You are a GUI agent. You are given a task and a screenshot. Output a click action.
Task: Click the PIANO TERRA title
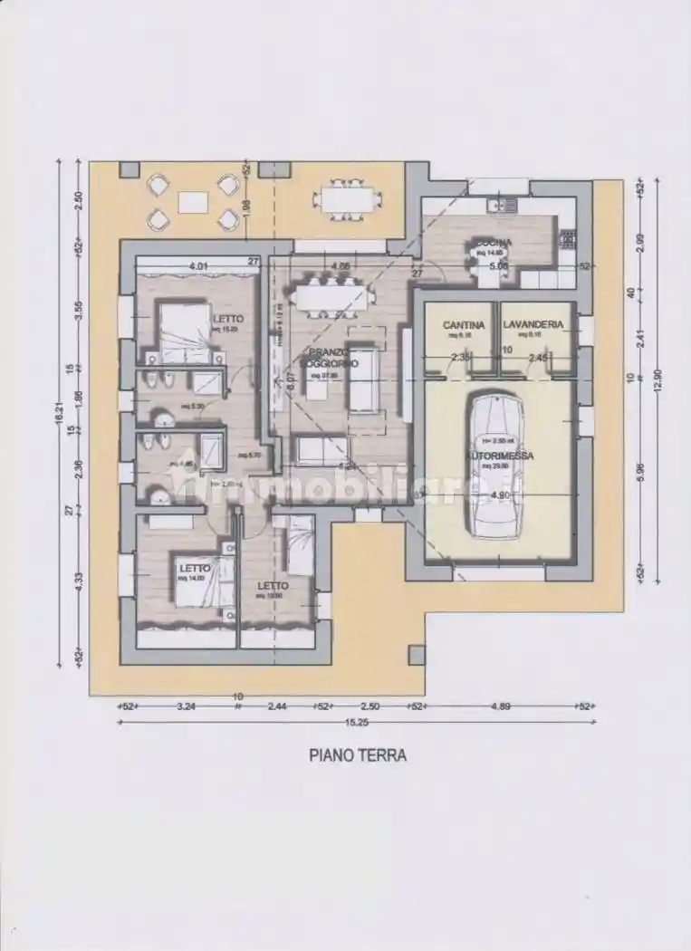coord(358,754)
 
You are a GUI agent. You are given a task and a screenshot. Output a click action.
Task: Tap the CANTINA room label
coord(463,324)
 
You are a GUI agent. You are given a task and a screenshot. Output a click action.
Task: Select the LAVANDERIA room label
coord(533,324)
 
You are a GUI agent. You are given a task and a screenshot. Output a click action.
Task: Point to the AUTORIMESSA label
coord(499,456)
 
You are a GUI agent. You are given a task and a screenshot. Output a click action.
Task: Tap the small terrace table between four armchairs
coord(192,202)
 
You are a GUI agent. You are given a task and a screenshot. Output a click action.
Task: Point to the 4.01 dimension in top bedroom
coord(199,266)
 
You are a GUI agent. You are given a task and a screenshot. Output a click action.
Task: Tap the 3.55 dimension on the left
coord(80,311)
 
